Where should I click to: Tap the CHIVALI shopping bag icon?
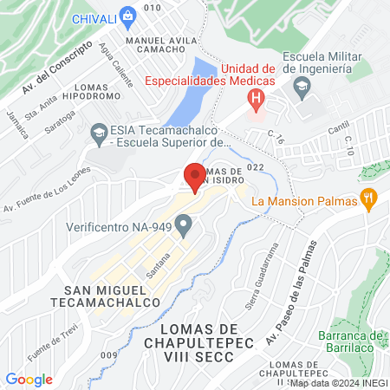128,15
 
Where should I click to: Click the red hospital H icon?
255,99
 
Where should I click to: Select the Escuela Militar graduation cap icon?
301,86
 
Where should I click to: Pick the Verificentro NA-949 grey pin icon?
183,227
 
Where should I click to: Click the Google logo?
29,380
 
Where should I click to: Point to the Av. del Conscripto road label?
56,67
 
